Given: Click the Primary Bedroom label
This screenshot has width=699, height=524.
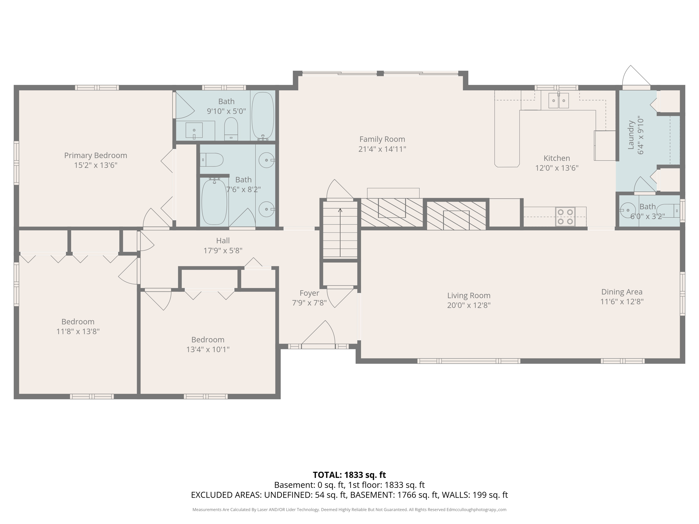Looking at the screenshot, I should click(x=96, y=156).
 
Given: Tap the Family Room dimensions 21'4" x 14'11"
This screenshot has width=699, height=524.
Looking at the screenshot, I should click(x=382, y=149).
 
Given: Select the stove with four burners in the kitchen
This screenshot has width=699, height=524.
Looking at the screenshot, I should click(x=565, y=217).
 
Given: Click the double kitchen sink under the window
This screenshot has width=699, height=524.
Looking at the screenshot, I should click(x=558, y=100).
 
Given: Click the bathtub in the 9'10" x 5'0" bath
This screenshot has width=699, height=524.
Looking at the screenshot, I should click(x=262, y=115).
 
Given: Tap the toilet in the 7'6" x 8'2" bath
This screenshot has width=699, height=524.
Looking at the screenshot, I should click(x=212, y=160).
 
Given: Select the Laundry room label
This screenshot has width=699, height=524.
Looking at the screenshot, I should click(x=631, y=134).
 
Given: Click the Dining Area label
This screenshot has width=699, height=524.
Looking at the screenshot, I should click(x=622, y=292).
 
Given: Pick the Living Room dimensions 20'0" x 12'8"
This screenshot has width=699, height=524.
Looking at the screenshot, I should click(x=469, y=305).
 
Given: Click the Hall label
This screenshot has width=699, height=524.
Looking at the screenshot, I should click(x=223, y=241).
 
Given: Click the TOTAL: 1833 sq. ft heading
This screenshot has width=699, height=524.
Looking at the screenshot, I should click(x=349, y=475).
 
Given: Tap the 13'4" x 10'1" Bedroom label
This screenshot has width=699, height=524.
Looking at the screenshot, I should click(x=208, y=340).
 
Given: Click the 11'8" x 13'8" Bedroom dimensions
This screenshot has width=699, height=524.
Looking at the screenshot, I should click(x=78, y=332).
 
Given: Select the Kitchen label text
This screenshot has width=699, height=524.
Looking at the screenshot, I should click(x=556, y=158).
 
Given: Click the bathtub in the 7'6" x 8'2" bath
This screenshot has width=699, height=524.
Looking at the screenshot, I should click(x=214, y=202).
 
